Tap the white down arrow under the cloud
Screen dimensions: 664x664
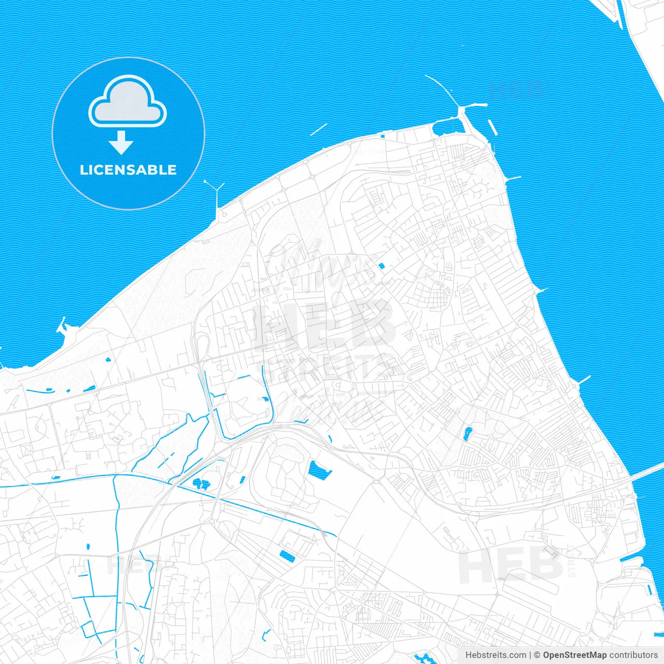click(x=121, y=143)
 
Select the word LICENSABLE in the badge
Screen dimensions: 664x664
click(x=128, y=170)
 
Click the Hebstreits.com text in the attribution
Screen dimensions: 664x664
click(x=495, y=655)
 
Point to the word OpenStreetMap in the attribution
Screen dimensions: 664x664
click(x=574, y=655)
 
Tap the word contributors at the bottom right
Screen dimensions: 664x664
click(x=633, y=655)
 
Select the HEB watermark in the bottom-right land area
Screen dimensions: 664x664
click(x=510, y=565)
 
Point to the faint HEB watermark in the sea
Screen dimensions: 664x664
click(x=516, y=89)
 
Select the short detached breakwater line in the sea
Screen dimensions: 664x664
click(x=319, y=129)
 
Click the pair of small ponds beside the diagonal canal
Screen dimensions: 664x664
click(x=200, y=484)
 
